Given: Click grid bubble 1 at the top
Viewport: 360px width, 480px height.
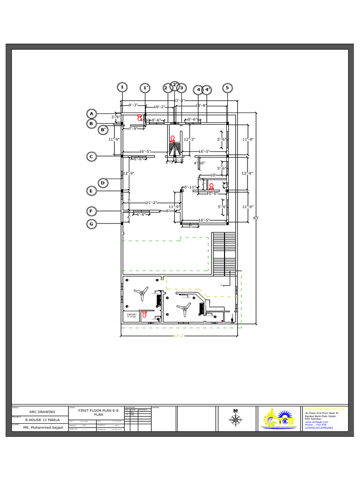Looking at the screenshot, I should pyautogui.click(x=122, y=87).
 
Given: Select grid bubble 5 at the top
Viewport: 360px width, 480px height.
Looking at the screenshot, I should pyautogui.click(x=227, y=88).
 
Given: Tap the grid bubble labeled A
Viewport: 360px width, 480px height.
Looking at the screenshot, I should pyautogui.click(x=92, y=114).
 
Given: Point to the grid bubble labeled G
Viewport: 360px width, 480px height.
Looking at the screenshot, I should pyautogui.click(x=92, y=224).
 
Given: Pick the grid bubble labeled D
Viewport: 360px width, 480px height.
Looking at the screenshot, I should pyautogui.click(x=104, y=183).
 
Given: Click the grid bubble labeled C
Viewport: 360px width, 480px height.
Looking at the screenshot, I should pyautogui.click(x=92, y=157).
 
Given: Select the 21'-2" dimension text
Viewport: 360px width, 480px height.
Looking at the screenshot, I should pyautogui.click(x=150, y=203).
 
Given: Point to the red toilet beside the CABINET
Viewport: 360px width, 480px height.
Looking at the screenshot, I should pyautogui.click(x=144, y=315).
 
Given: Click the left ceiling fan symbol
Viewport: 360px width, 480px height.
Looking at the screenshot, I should pyautogui.click(x=141, y=294).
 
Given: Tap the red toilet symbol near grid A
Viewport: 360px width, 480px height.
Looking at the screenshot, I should pyautogui.click(x=139, y=117).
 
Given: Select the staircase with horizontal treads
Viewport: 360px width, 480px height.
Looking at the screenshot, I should pyautogui.click(x=224, y=253).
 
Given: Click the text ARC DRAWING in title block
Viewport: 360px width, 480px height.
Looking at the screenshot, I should pyautogui.click(x=39, y=412).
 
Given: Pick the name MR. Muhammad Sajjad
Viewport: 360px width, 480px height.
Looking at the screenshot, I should pyautogui.click(x=39, y=428).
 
